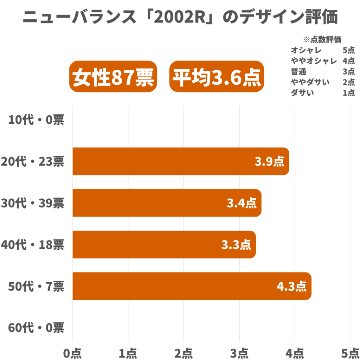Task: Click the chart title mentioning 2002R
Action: pos(180,17)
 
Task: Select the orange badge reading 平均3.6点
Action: pos(217,77)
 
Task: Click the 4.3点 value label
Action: pos(291,287)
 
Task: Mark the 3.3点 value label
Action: pos(236,245)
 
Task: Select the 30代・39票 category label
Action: pos(32,203)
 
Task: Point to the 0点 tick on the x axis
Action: pos(73,352)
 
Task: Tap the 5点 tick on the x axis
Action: pos(350,352)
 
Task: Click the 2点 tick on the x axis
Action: pos(184,352)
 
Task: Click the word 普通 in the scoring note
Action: pos(298,72)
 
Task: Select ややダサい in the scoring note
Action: pos(310,82)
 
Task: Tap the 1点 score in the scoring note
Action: pos(348,93)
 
